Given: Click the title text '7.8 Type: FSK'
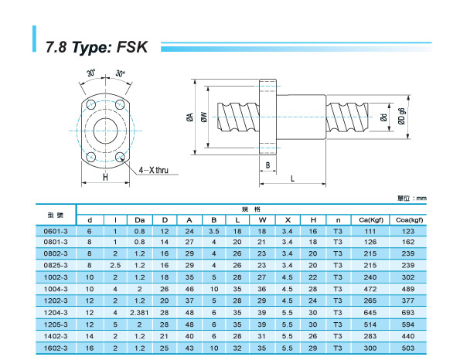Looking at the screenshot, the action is click(97, 47).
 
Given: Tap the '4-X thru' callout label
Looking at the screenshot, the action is click(153, 170).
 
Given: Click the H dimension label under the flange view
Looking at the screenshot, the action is click(105, 177).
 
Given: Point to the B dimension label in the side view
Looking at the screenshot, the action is click(267, 165).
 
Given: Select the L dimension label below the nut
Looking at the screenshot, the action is click(292, 178).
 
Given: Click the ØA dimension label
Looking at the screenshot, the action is click(190, 117).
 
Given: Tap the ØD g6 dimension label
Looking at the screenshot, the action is click(401, 117).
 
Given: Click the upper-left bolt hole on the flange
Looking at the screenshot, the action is click(91, 104).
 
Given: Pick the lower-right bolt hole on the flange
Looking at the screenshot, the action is click(120, 157).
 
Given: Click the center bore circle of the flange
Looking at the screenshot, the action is click(105, 131).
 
